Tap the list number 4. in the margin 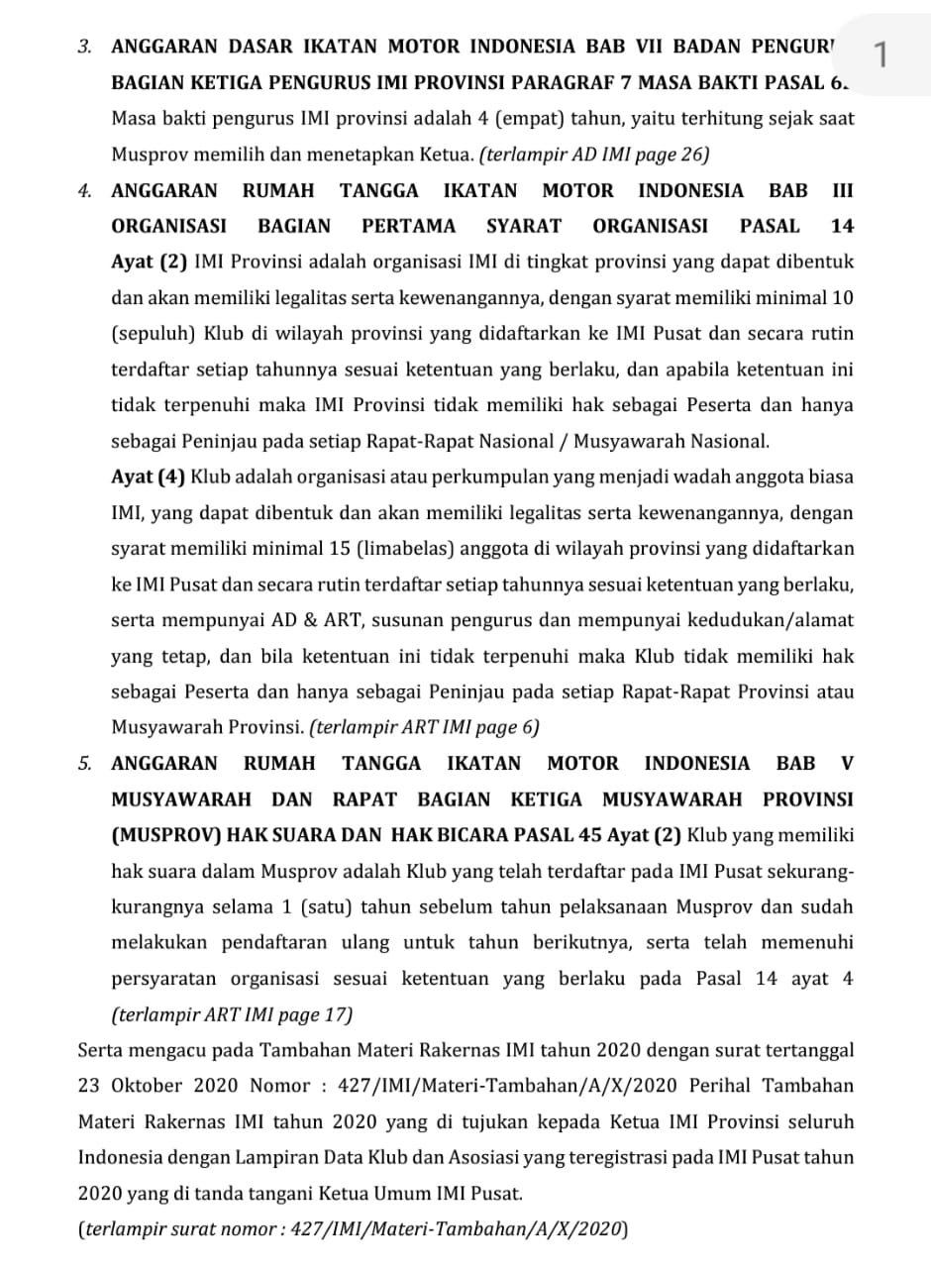click(85, 190)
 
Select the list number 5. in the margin click(85, 763)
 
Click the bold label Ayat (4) click(149, 476)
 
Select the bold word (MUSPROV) click(166, 834)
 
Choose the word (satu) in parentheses click(324, 906)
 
